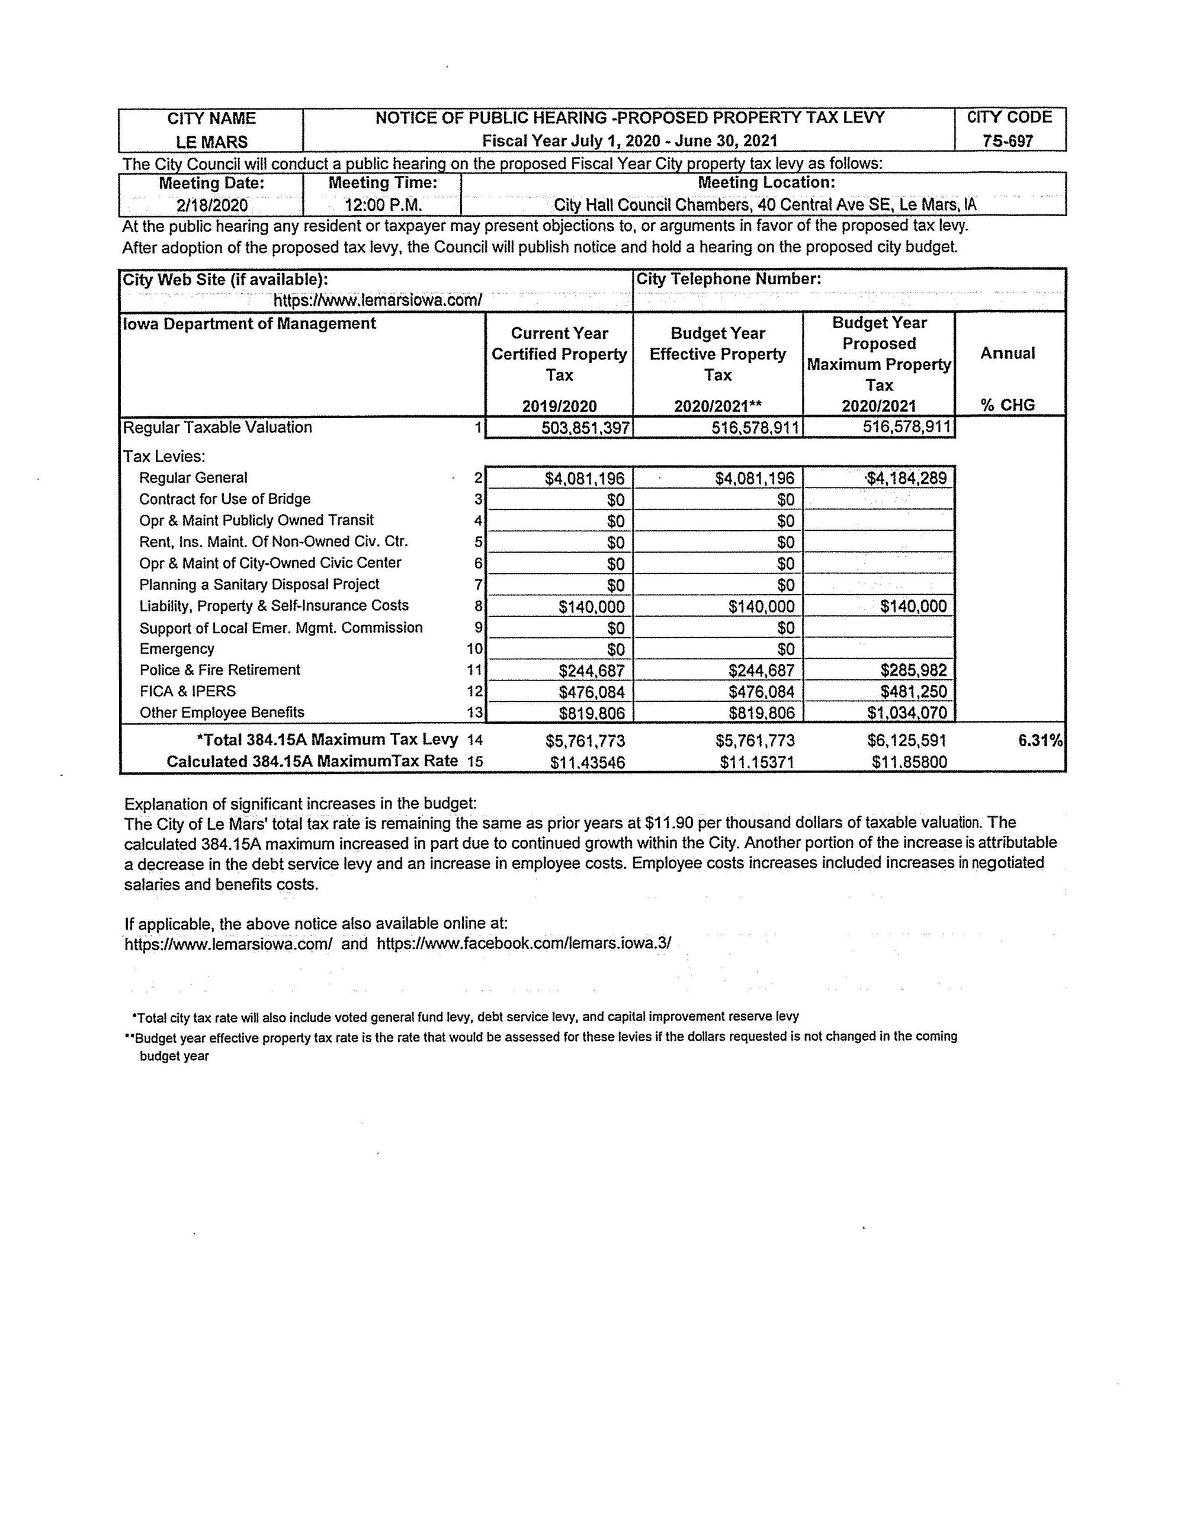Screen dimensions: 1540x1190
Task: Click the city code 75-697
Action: pyautogui.click(x=1008, y=141)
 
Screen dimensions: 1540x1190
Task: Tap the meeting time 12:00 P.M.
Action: pyautogui.click(x=383, y=205)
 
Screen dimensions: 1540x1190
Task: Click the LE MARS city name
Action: pyautogui.click(x=211, y=142)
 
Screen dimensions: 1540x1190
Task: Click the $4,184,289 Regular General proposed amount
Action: pyautogui.click(x=907, y=479)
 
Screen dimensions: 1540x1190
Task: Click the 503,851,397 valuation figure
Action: pyautogui.click(x=585, y=428)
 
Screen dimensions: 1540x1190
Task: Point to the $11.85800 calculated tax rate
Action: pyautogui.click(x=909, y=762)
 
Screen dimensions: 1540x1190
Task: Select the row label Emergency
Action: pyautogui.click(x=177, y=649)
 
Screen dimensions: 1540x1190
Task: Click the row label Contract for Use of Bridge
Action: pyautogui.click(x=225, y=499)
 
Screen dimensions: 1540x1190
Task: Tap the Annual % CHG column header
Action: pyautogui.click(x=1008, y=378)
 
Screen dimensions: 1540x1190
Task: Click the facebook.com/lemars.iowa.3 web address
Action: pyautogui.click(x=524, y=944)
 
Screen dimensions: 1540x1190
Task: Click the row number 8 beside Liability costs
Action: pyautogui.click(x=479, y=606)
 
